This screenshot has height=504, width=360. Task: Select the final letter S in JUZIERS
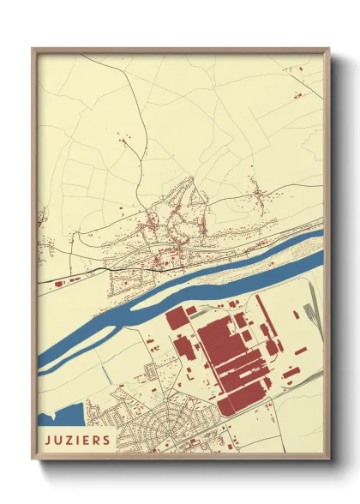click(106, 441)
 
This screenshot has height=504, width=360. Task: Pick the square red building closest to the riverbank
click(177, 320)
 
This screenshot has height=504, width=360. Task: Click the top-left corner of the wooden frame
click(33, 49)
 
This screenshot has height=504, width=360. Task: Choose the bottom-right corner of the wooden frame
click(329, 459)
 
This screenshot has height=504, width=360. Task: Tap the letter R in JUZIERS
click(97, 441)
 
